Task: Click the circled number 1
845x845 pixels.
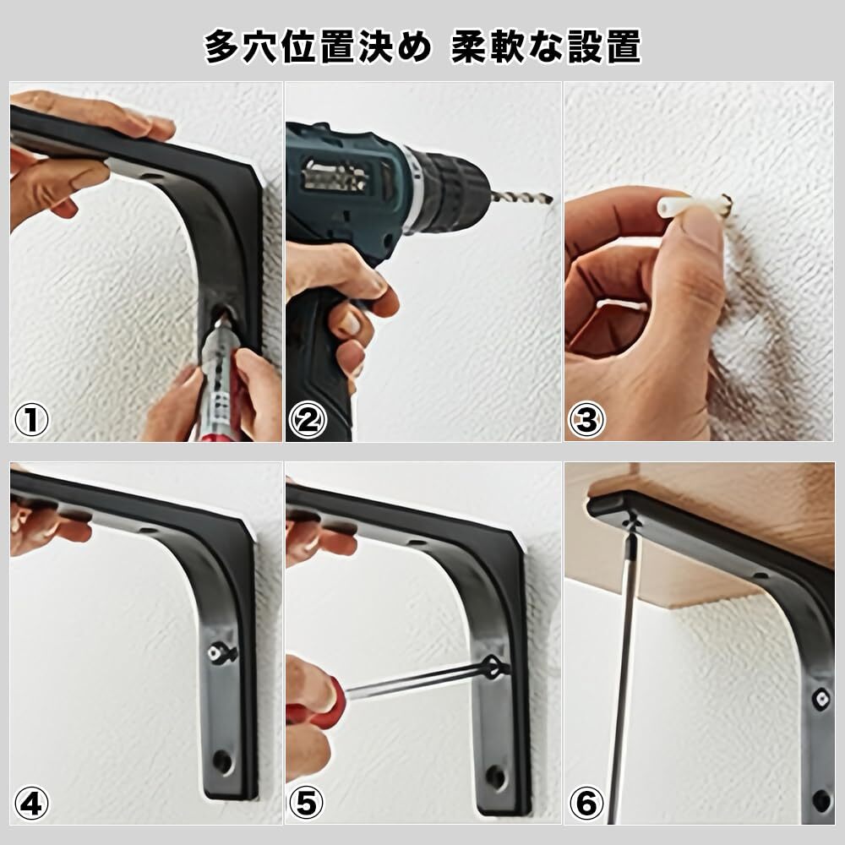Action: tap(31, 420)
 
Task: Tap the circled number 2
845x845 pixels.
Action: tap(308, 420)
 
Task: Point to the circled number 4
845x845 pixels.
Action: tap(31, 803)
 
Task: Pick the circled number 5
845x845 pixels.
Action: tap(307, 803)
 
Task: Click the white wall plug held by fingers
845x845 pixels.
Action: tap(693, 206)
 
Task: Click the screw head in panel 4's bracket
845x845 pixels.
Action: tap(215, 654)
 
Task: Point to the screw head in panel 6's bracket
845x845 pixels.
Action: tap(821, 700)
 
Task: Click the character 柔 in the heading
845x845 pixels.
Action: tap(469, 46)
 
